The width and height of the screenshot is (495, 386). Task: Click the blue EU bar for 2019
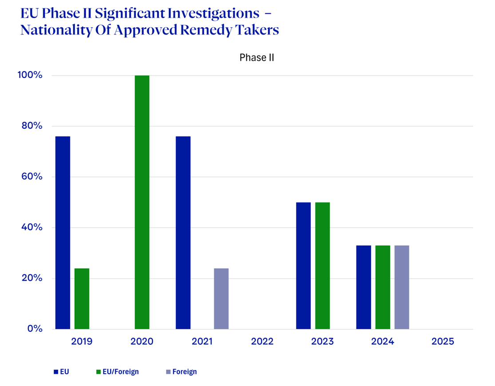pos(63,232)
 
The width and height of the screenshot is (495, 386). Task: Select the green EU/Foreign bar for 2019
pos(82,299)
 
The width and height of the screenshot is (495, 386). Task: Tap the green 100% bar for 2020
pos(142,202)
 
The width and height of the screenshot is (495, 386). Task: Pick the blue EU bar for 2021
pos(183,232)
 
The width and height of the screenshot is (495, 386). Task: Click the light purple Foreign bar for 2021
pos(221,299)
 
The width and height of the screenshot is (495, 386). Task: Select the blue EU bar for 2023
pos(303,265)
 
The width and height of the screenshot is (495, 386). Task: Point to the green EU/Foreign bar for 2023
pos(323,265)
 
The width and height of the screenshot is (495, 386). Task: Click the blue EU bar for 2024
pos(364,287)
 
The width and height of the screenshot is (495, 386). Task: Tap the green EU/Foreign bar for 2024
pos(383,287)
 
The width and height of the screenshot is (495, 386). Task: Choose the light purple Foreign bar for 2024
pos(402,287)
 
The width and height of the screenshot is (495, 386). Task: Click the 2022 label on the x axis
pos(262,342)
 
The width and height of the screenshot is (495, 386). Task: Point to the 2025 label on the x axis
pos(443,342)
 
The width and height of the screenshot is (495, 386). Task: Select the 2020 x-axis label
pos(142,342)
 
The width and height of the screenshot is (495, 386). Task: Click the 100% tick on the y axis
pos(31,75)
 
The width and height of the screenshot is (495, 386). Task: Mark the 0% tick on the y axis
pos(35,329)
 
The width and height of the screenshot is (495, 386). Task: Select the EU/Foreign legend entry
pos(118,372)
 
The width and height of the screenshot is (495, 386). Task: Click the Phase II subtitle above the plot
pos(257,58)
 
